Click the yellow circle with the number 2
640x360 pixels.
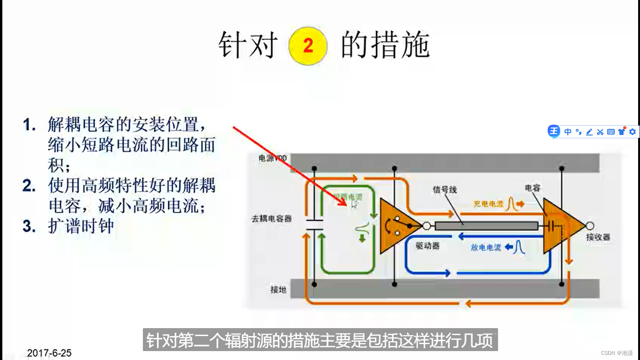[308, 45]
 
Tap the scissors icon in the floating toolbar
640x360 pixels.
[600, 132]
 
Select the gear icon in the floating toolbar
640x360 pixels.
[633, 132]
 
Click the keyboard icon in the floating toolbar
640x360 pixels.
[610, 132]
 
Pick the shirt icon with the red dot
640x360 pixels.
[622, 131]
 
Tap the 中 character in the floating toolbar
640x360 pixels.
[568, 132]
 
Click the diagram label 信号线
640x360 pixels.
[445, 190]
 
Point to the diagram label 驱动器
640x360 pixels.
[428, 246]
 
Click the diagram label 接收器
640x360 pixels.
[598, 237]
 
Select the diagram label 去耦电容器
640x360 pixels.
[272, 218]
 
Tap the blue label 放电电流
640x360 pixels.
[486, 247]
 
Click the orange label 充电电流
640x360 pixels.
[488, 204]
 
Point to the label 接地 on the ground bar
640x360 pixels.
[278, 290]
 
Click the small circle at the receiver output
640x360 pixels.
[590, 225]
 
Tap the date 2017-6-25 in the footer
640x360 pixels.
[49, 353]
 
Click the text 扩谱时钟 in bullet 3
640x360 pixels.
[81, 226]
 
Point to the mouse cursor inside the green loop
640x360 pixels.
[355, 203]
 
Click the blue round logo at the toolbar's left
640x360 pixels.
[554, 131]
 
